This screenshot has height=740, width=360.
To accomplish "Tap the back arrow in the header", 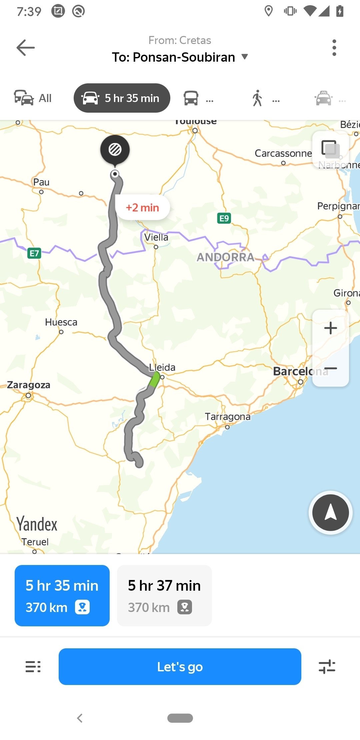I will coord(26,48).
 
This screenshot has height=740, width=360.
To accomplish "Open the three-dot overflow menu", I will coord(334,48).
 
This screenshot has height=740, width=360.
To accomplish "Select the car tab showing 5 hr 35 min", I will coord(122,98).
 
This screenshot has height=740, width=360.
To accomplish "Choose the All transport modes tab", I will coord(33,98).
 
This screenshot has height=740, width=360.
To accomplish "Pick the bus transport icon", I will coord(191,98).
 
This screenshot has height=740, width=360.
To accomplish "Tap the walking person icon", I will coord(257,98).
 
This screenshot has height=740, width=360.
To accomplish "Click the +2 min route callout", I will coord(142,208).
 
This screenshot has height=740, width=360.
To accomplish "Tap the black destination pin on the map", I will coord(115,150).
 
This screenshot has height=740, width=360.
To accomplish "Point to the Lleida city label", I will coord(162,367).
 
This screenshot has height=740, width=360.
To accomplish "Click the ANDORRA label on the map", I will coord(225,257).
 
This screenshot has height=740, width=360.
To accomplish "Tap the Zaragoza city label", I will coord(29,385).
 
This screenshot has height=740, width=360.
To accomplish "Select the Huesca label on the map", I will coord(61,322).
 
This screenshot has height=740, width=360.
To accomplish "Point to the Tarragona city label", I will coord(228,417).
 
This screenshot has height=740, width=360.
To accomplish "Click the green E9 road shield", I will coord(224,218).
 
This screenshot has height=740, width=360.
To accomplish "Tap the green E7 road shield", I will coord(34,253).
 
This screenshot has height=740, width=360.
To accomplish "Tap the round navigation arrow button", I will coord(330,513).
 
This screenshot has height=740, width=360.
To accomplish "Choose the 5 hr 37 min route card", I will coord(164,595).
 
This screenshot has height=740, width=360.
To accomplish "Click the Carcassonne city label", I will coord(283,153).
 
